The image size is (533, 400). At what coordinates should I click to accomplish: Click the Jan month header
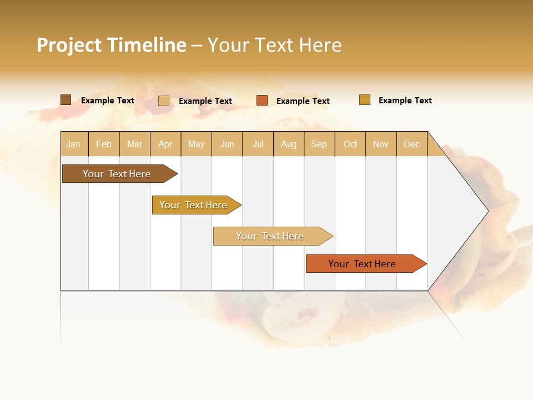[x=74, y=144]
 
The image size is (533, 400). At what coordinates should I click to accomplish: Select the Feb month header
[x=104, y=144]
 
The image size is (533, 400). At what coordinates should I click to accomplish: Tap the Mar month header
[x=134, y=144]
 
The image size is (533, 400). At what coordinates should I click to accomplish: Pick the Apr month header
[x=165, y=144]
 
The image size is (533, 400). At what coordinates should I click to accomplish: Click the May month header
[x=196, y=144]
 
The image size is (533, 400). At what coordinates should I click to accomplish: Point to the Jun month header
[x=227, y=144]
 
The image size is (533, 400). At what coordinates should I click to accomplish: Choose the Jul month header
[x=258, y=144]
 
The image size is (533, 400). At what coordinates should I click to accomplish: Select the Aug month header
[x=289, y=144]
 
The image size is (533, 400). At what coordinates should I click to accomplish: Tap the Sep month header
[x=319, y=144]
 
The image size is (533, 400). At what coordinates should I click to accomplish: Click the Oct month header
[x=350, y=144]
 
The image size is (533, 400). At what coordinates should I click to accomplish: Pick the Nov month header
[x=381, y=144]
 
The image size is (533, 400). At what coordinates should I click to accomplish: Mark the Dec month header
[x=412, y=144]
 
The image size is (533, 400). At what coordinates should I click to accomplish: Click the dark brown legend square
[x=66, y=100]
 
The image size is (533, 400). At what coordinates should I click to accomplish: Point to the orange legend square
[x=262, y=101]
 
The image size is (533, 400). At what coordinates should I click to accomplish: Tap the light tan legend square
[x=164, y=101]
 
